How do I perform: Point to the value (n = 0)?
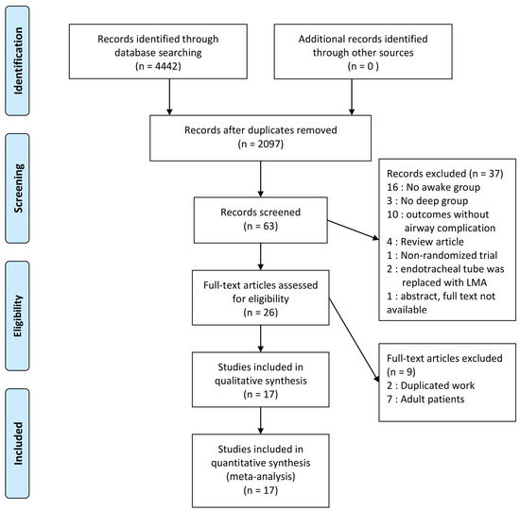coord(354,67)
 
